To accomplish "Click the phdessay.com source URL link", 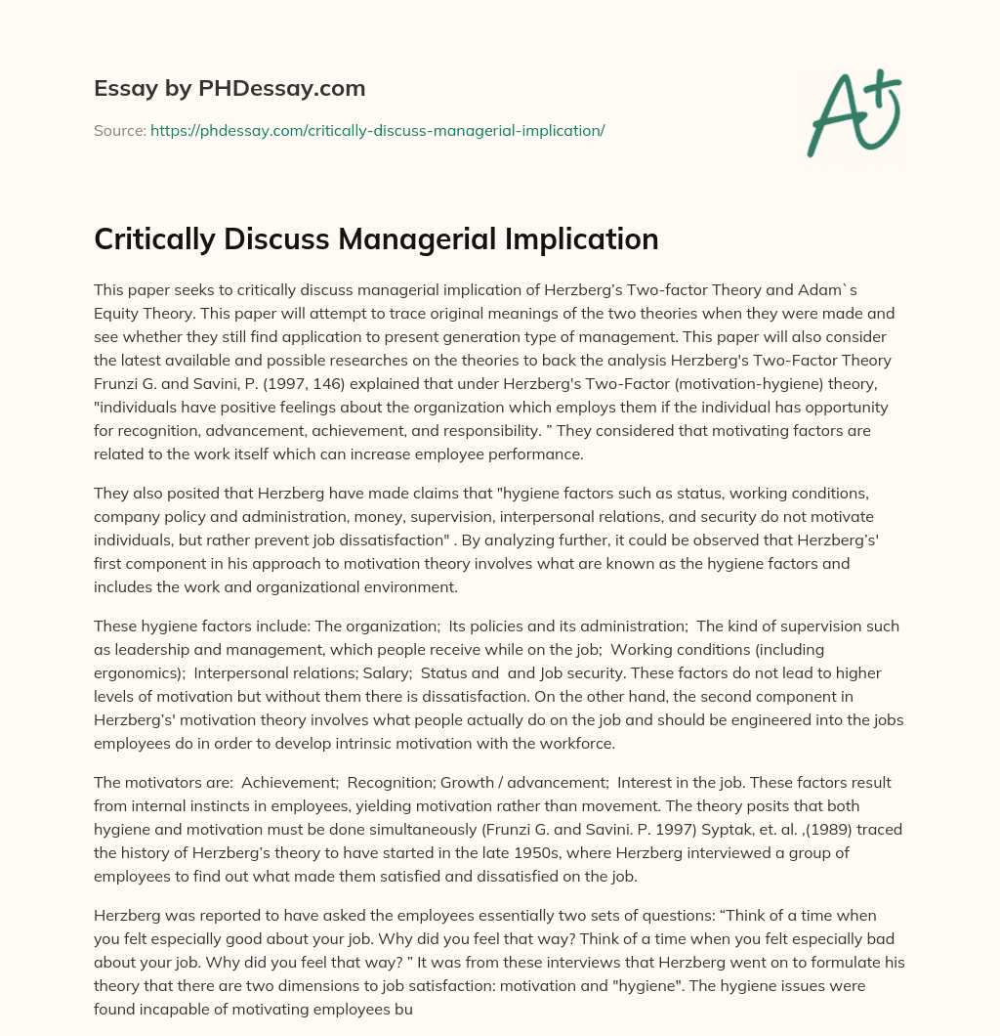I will click(377, 130).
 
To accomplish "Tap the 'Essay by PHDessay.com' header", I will click(229, 89).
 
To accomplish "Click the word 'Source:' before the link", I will click(119, 130).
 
